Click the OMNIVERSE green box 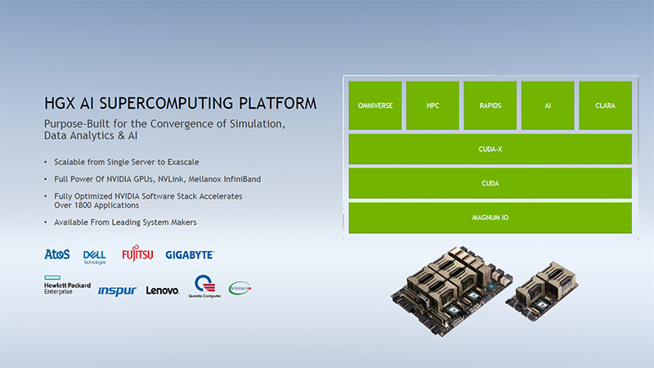pos(375,105)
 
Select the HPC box pos(432,105)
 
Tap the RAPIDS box pos(490,105)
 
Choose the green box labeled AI pos(547,105)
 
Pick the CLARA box pos(605,105)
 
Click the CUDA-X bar pos(490,150)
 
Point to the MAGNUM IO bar pos(490,218)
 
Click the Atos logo pos(57,255)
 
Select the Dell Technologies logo pos(95,257)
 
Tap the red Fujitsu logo pos(137,254)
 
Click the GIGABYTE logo pos(190,255)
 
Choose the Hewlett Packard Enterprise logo pos(67,287)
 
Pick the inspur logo pos(117,290)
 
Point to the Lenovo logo pos(162,290)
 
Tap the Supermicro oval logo pos(240,288)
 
